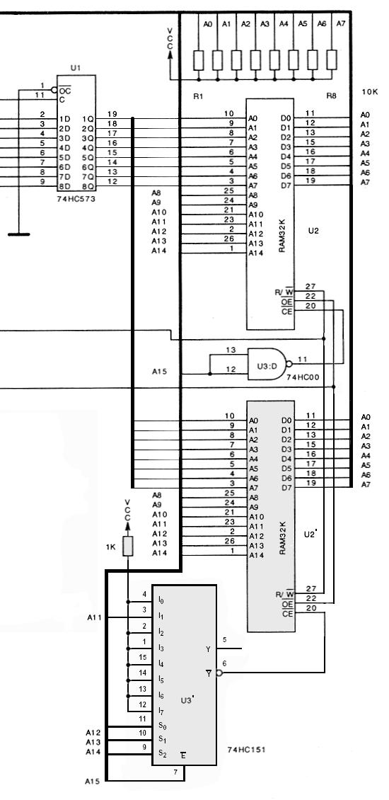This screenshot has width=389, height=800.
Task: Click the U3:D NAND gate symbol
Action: point(267,364)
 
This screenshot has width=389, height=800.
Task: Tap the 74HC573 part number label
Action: point(76,199)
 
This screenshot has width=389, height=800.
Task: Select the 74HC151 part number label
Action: point(246,750)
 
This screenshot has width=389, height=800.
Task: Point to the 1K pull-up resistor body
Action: point(128,546)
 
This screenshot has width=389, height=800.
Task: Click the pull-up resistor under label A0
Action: point(199,60)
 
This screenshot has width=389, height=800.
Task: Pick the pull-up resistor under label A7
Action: point(332,60)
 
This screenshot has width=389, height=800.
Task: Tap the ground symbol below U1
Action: point(19,234)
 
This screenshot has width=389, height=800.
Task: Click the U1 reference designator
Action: point(76,67)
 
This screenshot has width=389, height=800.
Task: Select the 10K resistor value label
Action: point(370,92)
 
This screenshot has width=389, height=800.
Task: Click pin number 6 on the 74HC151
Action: point(224,663)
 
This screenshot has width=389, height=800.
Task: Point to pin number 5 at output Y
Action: point(224,639)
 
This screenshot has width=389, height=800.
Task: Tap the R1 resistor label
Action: point(198,96)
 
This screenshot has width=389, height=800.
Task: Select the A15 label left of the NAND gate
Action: point(159,372)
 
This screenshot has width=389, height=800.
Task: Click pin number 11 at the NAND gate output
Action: point(302,359)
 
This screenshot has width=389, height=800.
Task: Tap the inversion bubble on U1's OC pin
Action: point(54,91)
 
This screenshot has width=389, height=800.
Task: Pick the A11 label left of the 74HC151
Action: point(94,617)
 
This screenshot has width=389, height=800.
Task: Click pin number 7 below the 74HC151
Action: point(175,772)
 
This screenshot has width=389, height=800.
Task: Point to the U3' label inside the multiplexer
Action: point(187,700)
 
